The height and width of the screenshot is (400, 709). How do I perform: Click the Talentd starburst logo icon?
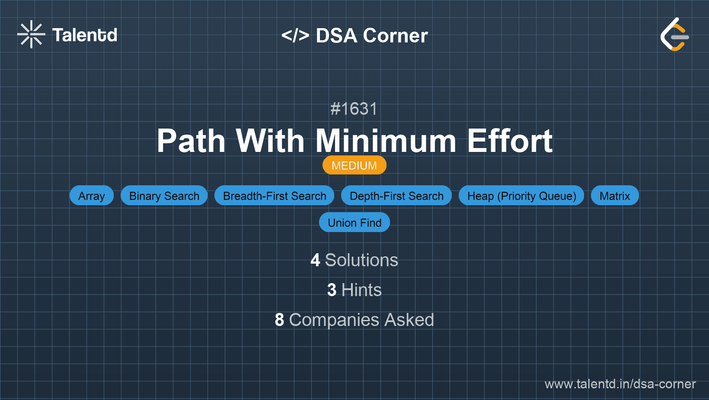pos(31,34)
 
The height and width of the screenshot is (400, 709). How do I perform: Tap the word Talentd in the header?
pos(85,35)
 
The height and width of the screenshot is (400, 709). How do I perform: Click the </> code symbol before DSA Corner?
pos(295,35)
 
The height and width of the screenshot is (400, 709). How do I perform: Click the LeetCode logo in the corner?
pos(674,35)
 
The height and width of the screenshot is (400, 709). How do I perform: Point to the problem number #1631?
pos(354,109)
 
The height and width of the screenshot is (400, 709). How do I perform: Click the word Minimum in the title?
pos(386,141)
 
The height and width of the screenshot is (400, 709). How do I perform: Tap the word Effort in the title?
pos(510,141)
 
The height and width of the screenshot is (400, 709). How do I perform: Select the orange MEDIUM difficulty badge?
pos(354,165)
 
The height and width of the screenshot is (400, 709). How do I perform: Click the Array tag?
pos(92,196)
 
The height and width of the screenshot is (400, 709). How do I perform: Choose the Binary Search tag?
pos(164,196)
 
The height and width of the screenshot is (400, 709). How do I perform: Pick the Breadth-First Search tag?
pos(275,196)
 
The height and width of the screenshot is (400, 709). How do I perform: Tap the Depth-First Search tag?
pos(396,196)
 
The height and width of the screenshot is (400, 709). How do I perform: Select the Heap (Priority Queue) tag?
pos(521,196)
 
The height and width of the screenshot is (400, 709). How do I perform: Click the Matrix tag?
pos(615,196)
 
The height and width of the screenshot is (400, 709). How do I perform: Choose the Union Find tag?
pos(354,223)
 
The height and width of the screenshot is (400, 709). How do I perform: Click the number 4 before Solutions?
pos(315,260)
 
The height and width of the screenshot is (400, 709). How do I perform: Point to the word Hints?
pos(361,290)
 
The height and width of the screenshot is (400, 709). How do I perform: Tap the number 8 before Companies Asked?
pos(279,320)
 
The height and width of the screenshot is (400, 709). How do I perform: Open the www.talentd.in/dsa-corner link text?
pos(620,384)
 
